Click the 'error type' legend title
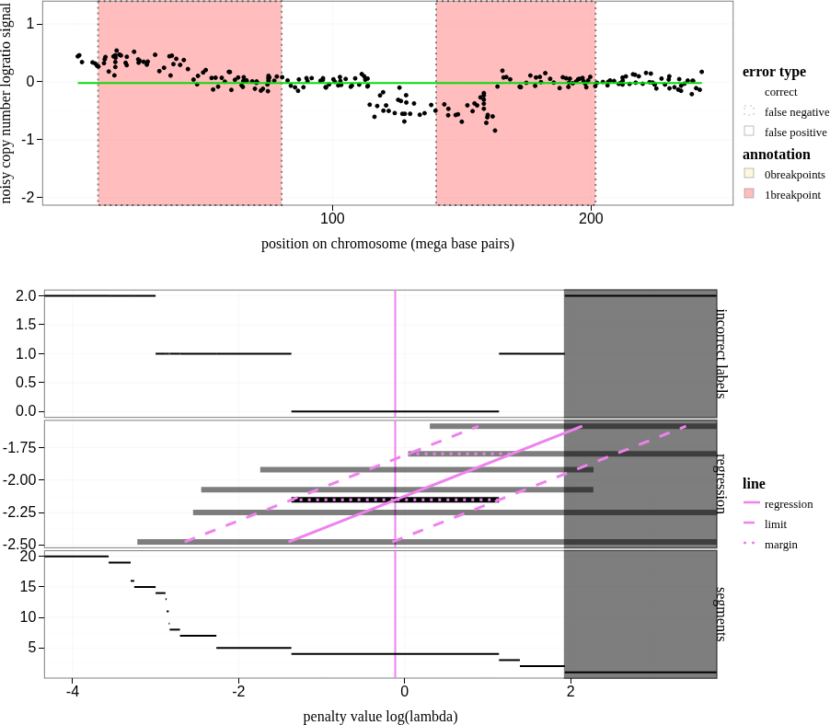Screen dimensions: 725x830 774,72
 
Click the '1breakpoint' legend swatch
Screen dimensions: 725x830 749,194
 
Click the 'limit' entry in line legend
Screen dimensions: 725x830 775,524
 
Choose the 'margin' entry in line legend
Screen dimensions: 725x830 780,545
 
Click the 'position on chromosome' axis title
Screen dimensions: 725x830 387,244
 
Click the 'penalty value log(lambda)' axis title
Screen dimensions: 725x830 380,717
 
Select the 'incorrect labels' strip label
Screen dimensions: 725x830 722,353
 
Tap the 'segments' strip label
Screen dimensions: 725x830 722,614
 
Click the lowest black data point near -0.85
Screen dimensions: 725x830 494,131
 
